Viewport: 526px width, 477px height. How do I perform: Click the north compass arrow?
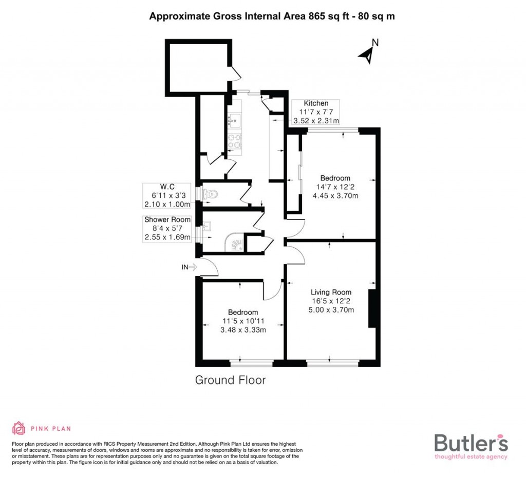point(367,54)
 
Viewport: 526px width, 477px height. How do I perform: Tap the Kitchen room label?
point(316,103)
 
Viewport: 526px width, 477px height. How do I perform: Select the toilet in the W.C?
point(210,194)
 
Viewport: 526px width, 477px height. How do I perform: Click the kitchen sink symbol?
point(234,121)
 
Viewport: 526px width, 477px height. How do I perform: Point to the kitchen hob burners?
point(235,141)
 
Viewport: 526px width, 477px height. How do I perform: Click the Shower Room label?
point(167,220)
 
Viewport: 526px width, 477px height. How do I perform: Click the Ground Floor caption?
point(230,380)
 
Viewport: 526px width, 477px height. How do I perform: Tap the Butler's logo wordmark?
point(471,443)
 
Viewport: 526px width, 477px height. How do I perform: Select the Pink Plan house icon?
point(19,428)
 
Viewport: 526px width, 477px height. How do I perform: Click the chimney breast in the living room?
point(372,308)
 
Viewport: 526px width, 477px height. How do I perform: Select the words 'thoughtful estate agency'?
point(471,456)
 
